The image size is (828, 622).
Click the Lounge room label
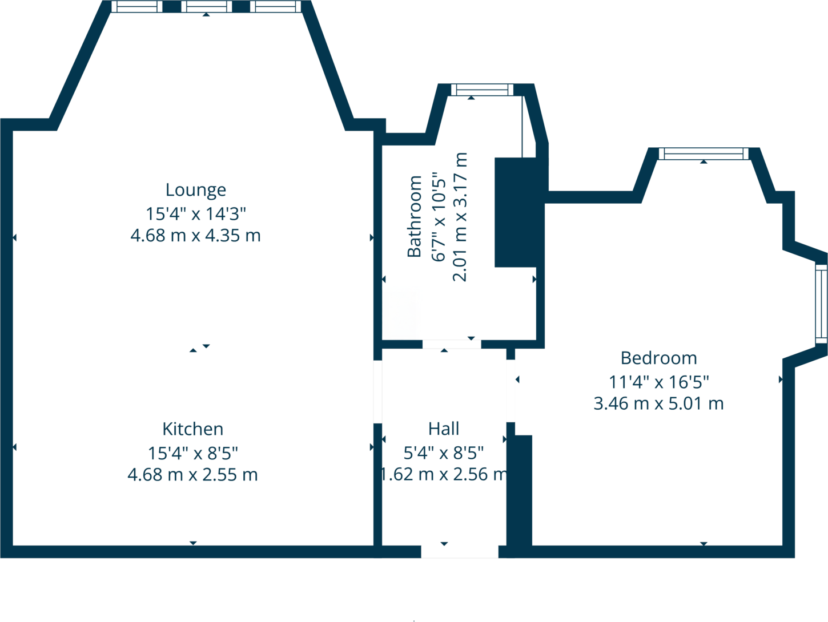(x=195, y=189)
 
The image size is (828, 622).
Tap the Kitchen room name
(x=192, y=429)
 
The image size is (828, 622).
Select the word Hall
(x=444, y=429)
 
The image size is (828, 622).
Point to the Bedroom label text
(x=658, y=358)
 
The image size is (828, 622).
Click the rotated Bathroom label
(x=415, y=217)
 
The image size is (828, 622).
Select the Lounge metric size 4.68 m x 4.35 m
(x=195, y=235)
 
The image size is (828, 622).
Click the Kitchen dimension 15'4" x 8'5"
(x=192, y=453)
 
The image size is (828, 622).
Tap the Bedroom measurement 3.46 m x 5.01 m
(x=658, y=403)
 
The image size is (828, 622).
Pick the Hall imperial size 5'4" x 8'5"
(x=444, y=453)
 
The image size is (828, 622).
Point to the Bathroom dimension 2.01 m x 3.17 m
(x=460, y=217)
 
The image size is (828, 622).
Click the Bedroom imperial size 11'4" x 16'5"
(x=658, y=381)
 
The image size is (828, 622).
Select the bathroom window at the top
(x=482, y=90)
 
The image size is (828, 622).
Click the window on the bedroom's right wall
(x=821, y=304)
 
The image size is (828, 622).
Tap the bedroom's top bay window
(x=703, y=154)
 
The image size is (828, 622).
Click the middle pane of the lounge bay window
(x=206, y=7)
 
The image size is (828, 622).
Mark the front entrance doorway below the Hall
(x=460, y=551)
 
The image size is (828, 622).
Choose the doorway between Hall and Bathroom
(x=452, y=344)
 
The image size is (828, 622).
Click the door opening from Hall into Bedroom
(x=511, y=391)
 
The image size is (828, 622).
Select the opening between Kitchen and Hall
(x=377, y=391)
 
